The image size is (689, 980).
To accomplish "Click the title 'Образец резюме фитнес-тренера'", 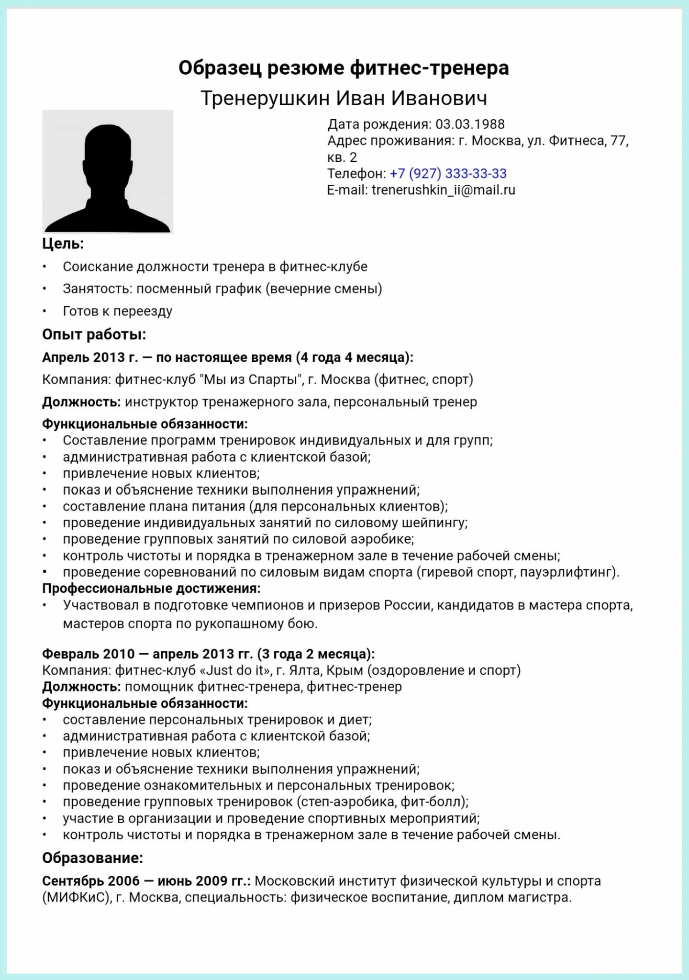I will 344,68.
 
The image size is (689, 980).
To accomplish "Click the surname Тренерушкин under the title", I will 265,98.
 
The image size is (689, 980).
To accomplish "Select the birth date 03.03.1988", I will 470,124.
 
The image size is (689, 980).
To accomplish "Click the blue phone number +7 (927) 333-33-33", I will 448,174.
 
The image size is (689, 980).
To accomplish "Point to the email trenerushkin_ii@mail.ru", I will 443,190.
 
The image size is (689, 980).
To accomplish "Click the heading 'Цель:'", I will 63,244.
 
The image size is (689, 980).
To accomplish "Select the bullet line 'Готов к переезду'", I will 117,312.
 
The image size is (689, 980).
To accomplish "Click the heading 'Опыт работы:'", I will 94,334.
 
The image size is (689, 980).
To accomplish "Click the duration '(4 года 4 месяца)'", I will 354,357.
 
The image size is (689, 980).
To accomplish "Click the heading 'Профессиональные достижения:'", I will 151,589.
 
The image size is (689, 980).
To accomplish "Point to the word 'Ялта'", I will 304,670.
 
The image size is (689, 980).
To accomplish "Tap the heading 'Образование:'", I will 92,858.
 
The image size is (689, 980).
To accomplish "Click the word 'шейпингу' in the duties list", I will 434,523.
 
